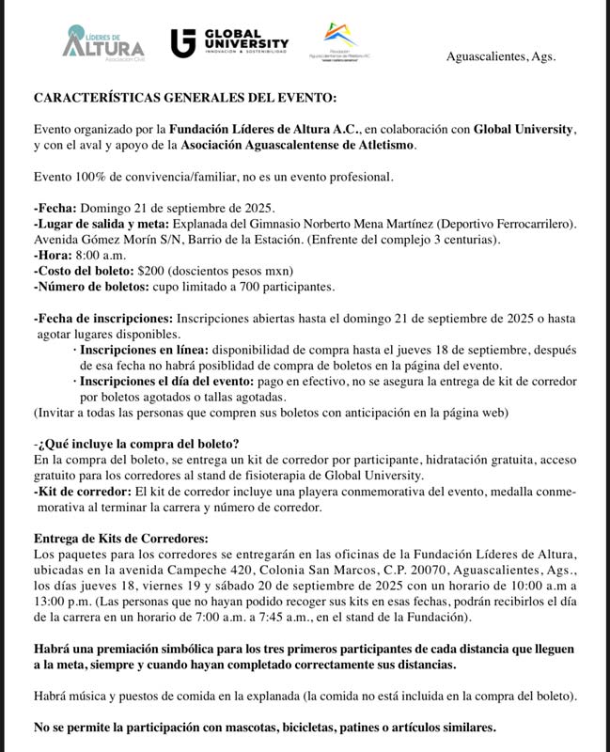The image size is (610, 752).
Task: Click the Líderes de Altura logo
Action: (102, 42)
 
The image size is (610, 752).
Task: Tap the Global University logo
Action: (229, 42)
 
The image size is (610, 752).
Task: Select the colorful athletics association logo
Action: (341, 40)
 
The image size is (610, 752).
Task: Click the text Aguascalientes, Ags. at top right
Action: (500, 56)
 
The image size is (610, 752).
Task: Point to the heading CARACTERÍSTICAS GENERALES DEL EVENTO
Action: (183, 98)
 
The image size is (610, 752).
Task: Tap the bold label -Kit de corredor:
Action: (84, 492)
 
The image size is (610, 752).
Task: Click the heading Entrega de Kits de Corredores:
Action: (120, 539)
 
